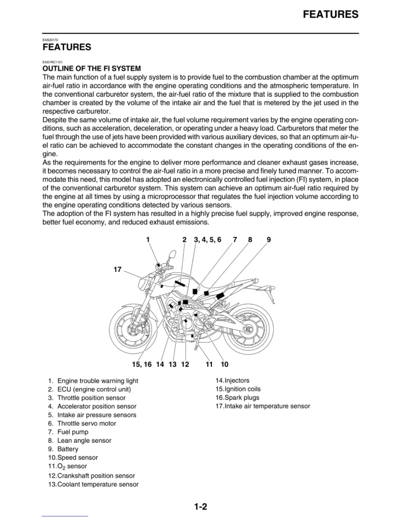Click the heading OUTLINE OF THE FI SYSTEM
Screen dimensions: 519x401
(92, 68)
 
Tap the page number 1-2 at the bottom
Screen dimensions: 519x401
(200, 507)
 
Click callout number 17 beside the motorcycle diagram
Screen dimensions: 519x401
(117, 270)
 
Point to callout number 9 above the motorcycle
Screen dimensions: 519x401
(269, 240)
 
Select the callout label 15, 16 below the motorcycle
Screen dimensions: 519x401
(142, 364)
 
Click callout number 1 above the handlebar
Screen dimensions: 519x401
(148, 240)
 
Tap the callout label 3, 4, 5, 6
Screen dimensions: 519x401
(207, 240)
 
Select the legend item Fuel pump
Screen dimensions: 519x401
(73, 432)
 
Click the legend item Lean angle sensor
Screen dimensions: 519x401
(84, 440)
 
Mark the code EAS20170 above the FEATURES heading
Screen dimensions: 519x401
(50, 40)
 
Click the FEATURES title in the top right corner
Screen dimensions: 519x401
(331, 14)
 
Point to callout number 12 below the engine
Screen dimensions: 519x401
(185, 364)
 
